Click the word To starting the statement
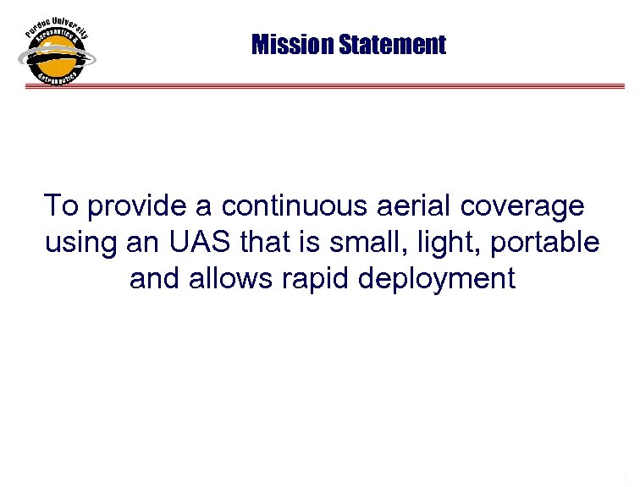60,205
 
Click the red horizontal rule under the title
364,85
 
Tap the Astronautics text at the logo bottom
58,78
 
